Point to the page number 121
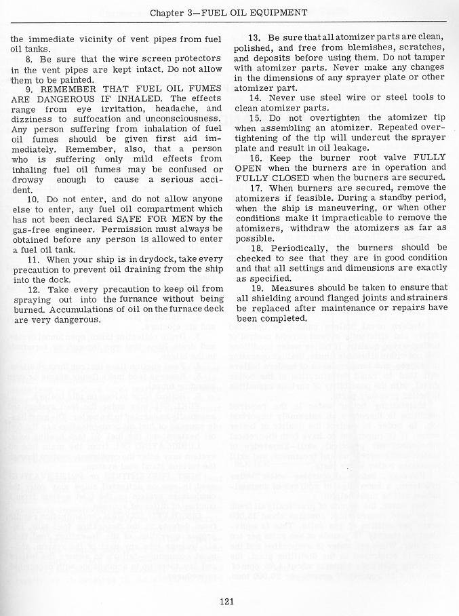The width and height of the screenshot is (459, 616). point(227,598)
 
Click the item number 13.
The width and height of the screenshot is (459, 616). point(256,37)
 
